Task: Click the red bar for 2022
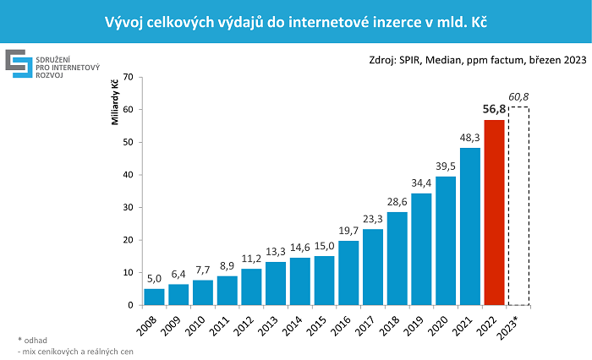494,212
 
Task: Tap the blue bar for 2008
154,297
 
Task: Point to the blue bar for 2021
469,226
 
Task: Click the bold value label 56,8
494,109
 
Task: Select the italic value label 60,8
519,97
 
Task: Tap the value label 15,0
324,247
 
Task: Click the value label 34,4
421,183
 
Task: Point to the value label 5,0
154,279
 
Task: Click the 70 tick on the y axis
129,77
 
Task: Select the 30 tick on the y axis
129,207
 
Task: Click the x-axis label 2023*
514,325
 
